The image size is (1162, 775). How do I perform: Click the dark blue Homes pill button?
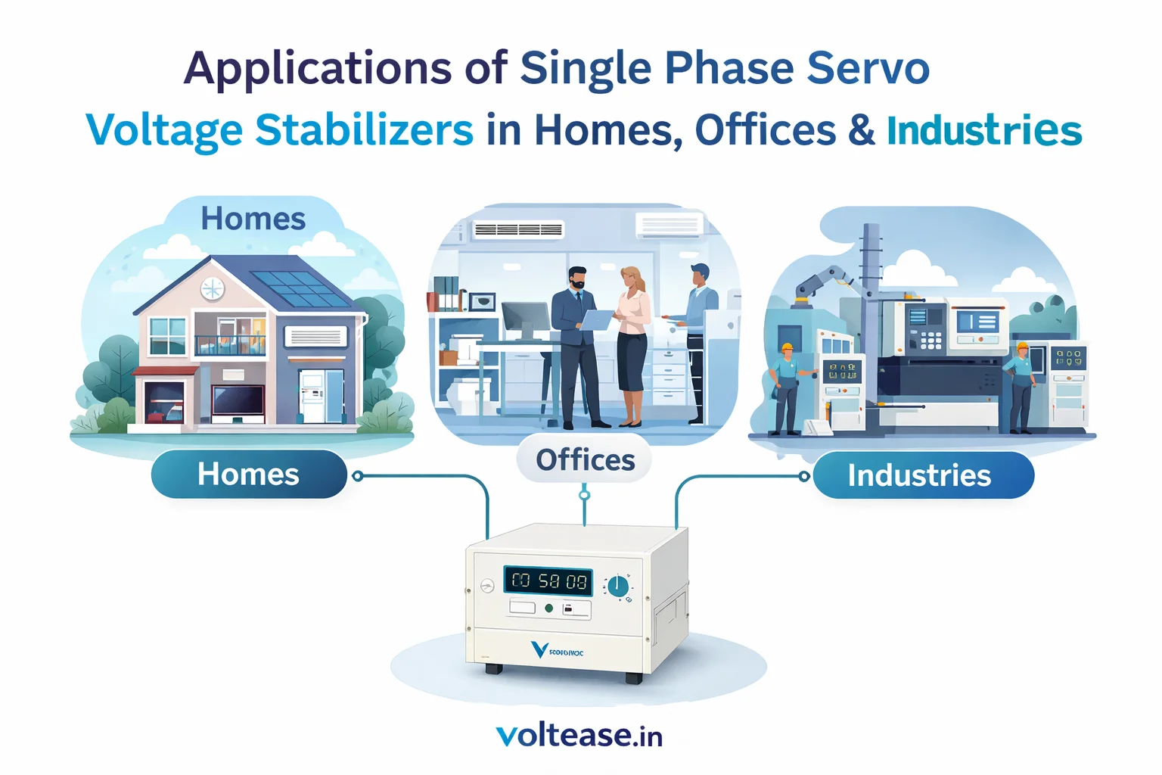(x=248, y=475)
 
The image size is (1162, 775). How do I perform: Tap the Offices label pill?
(x=585, y=459)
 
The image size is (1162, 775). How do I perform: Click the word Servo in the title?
(x=868, y=68)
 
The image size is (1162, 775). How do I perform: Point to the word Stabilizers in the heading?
(x=364, y=130)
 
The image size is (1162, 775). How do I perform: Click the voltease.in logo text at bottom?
(x=579, y=735)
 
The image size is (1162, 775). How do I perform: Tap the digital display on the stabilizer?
(x=548, y=581)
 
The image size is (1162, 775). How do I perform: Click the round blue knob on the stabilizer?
(x=618, y=585)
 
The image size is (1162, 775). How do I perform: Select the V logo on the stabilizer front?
(x=539, y=649)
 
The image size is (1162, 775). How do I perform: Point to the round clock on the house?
(x=212, y=289)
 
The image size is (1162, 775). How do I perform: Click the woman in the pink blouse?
(x=632, y=344)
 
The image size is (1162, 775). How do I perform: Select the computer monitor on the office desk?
(x=525, y=319)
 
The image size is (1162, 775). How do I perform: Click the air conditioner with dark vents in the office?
(x=518, y=229)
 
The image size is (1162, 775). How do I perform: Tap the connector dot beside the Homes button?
(x=358, y=476)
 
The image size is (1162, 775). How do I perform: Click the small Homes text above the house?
(x=253, y=219)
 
